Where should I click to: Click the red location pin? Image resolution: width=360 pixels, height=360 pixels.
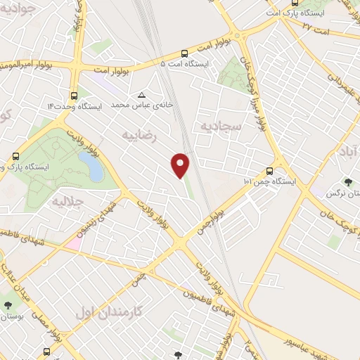(181, 165)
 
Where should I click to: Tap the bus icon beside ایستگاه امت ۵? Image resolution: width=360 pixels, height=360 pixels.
(184, 53)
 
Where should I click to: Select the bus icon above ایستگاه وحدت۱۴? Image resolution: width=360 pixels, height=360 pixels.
(74, 96)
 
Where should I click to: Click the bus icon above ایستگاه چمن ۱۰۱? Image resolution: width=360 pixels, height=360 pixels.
(270, 171)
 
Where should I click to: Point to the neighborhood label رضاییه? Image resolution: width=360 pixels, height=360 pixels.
(138, 133)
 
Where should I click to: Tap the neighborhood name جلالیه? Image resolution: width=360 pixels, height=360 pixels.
(68, 201)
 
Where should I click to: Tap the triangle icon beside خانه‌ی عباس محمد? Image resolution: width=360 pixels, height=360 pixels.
(142, 94)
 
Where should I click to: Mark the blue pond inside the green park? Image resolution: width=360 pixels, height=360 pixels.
(90, 166)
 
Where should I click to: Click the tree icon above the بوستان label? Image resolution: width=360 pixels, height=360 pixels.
(8, 304)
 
